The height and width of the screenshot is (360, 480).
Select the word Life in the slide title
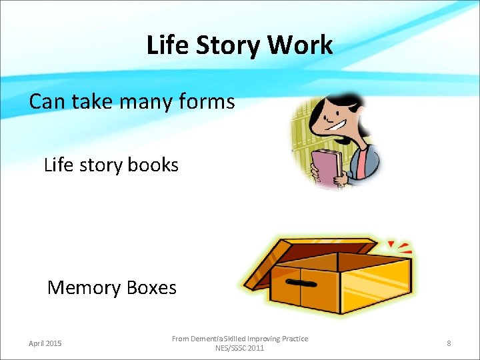coord(163,45)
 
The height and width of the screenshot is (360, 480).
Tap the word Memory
coord(84,287)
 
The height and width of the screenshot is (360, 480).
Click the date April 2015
coord(45,343)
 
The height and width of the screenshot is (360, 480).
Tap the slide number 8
coord(449,343)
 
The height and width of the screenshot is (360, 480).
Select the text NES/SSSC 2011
coord(240,348)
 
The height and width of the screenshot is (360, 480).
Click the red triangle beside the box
coord(392,244)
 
